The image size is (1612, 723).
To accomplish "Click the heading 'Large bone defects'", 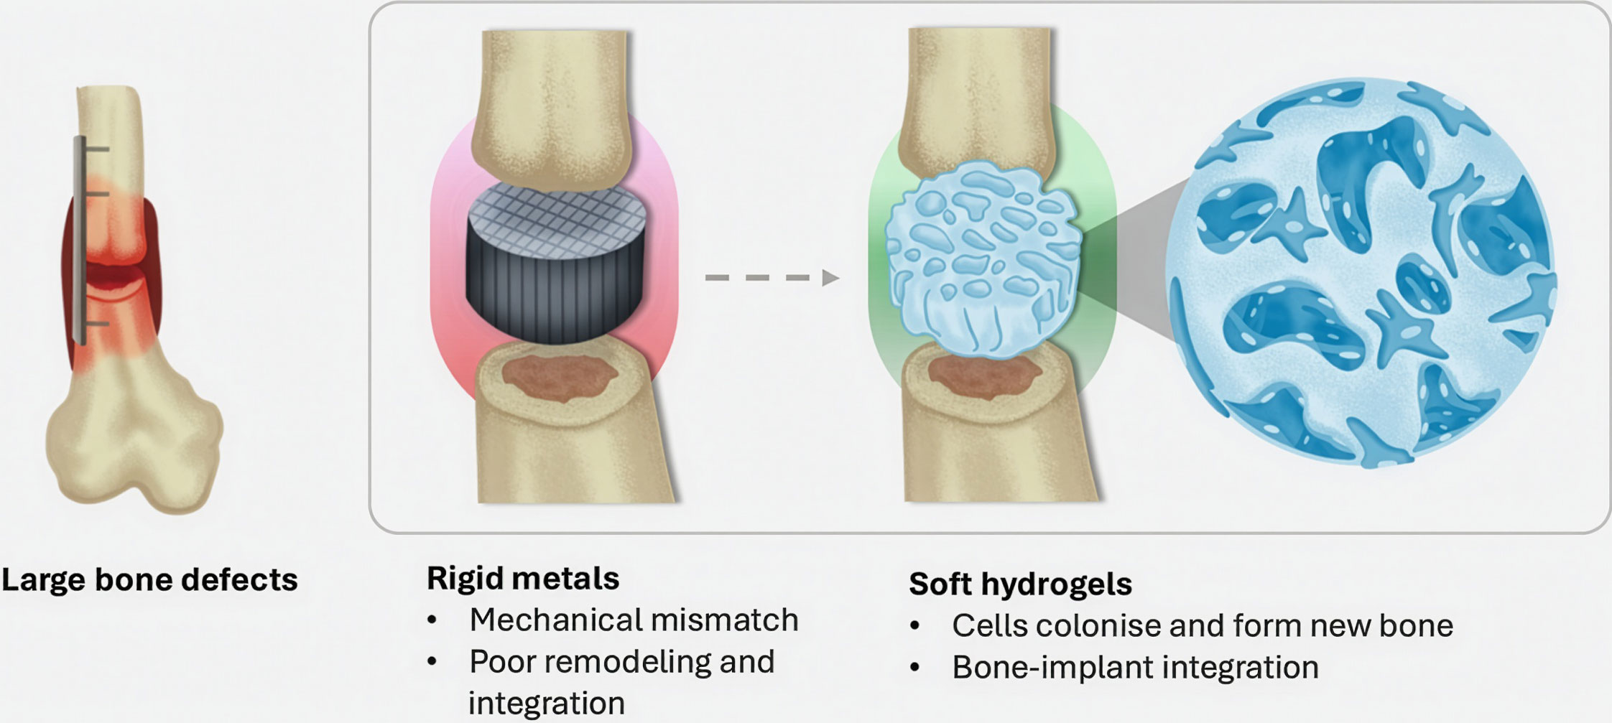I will (x=149, y=580).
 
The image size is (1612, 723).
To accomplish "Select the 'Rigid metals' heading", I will (x=522, y=579).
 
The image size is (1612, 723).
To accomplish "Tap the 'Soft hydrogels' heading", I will (x=1020, y=584).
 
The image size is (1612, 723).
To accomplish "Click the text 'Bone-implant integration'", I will (x=1135, y=668).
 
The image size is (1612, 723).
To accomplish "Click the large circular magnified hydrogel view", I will (x=1360, y=273).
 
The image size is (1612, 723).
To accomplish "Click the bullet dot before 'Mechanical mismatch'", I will (x=432, y=620).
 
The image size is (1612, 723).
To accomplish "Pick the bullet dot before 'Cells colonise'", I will (x=914, y=626).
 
